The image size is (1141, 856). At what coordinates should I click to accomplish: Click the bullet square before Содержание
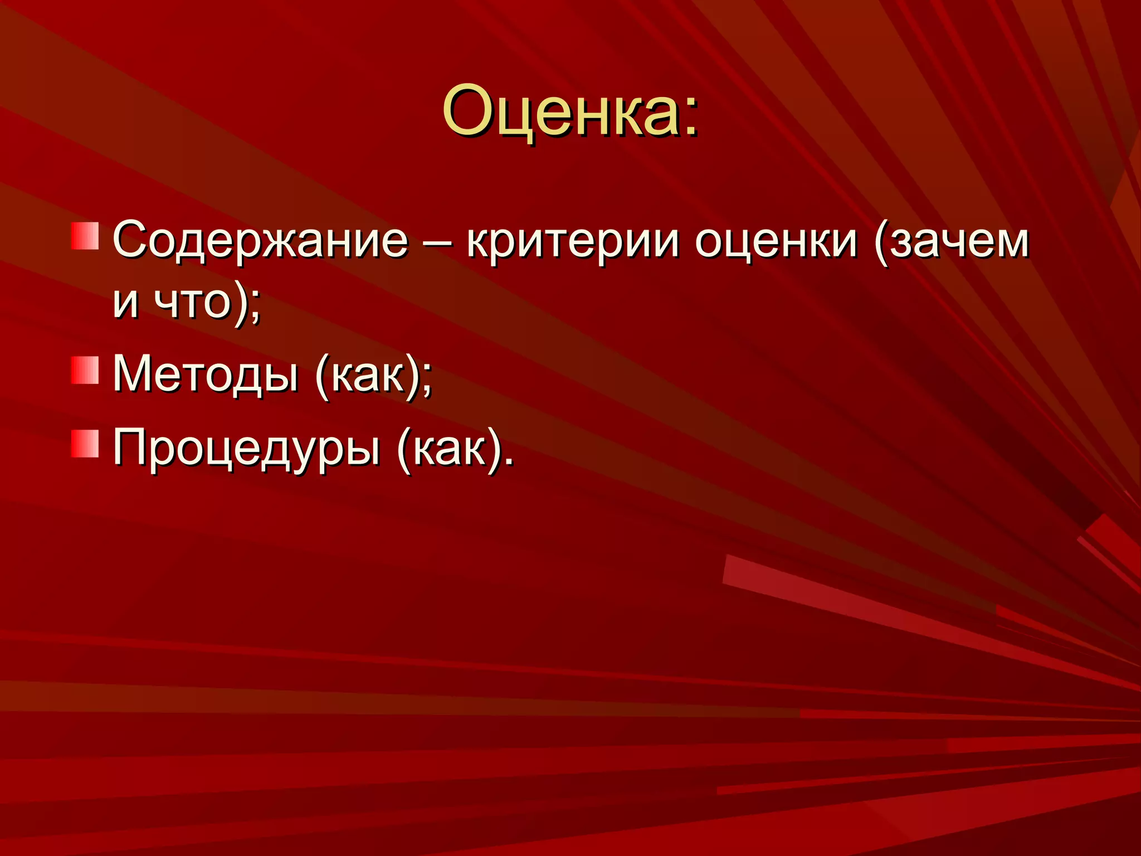85,236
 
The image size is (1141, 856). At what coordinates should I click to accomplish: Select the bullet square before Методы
85,371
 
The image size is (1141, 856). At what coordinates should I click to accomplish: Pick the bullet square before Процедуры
85,444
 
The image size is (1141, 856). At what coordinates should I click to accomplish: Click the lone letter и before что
125,304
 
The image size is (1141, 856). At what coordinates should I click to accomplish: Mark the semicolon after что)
255,310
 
